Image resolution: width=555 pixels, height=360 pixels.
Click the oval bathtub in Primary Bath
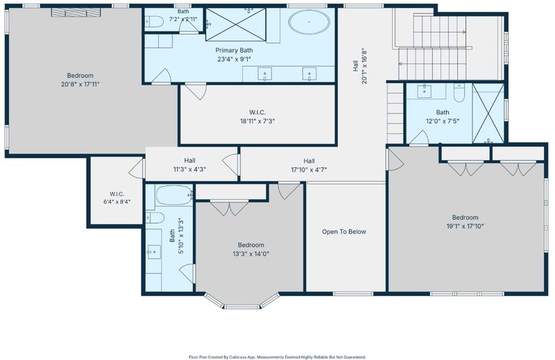pos(309,22)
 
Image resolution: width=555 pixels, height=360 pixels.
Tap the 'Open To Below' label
pos(344,232)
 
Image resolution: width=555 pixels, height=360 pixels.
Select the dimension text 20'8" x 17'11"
pos(80,84)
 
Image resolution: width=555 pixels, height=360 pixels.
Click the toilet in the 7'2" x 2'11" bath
pos(154,22)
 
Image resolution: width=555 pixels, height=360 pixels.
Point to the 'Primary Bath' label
pos(234,50)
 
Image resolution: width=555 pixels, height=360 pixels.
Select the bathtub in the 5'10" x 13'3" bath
pos(174,195)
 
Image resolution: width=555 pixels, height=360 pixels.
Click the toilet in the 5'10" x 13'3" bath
pos(155,218)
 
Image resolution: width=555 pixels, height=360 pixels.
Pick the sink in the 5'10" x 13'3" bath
pos(154,252)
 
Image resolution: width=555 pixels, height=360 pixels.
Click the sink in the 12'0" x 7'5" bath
pos(424,91)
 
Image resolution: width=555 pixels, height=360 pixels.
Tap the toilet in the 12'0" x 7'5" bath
pos(459,93)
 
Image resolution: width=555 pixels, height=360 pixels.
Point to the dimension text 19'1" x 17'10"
pos(465,226)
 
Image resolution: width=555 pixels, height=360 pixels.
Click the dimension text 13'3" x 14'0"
pos(251,254)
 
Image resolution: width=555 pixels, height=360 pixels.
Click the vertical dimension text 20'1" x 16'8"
pos(364,66)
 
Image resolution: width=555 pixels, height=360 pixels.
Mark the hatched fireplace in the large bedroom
pos(76,12)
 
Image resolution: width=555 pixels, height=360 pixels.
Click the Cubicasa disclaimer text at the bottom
pos(277,357)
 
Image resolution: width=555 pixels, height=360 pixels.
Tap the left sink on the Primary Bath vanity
pos(265,74)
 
